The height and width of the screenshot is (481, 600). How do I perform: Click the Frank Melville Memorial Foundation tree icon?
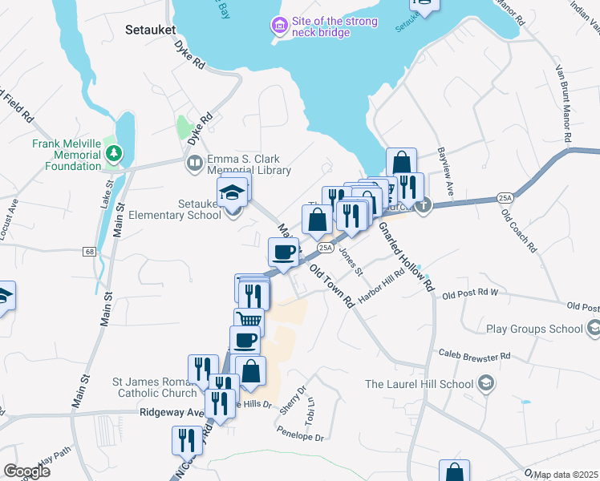coord(114,152)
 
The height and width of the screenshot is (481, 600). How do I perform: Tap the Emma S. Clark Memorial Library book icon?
coord(193,164)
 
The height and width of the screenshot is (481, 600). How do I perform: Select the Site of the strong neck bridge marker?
coord(279,26)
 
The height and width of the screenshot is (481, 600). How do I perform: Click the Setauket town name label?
coord(150,30)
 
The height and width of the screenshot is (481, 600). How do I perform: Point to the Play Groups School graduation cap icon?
coord(594,328)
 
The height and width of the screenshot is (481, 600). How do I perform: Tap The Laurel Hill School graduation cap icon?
coord(485,384)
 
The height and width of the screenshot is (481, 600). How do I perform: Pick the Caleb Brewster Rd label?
coord(474,354)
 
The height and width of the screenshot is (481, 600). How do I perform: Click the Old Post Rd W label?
coord(470,294)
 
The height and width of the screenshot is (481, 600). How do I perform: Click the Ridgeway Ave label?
coord(172,412)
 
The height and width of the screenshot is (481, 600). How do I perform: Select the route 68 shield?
coord(88,252)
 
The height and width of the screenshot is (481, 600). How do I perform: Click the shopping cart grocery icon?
coord(249,320)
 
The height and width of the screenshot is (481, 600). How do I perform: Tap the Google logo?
coord(26,471)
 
